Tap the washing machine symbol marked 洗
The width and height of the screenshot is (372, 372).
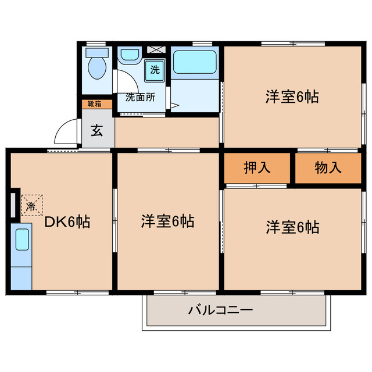[x=155, y=70]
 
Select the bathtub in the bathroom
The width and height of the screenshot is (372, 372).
[x=194, y=62]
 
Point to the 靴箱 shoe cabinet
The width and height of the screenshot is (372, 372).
[x=95, y=104]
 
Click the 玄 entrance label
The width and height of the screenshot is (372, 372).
[x=96, y=130]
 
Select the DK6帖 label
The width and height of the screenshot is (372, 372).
[x=69, y=221]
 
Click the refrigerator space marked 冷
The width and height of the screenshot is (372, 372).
[x=31, y=205]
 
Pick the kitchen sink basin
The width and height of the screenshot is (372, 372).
[x=22, y=239]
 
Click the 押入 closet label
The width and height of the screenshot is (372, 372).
[x=257, y=168]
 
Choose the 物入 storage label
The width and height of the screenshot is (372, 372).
[x=328, y=168]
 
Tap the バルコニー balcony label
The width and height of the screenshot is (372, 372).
[x=220, y=310]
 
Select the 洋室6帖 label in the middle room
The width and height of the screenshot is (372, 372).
[x=167, y=221]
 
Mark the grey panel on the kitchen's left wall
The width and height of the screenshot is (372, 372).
[x=13, y=204]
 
